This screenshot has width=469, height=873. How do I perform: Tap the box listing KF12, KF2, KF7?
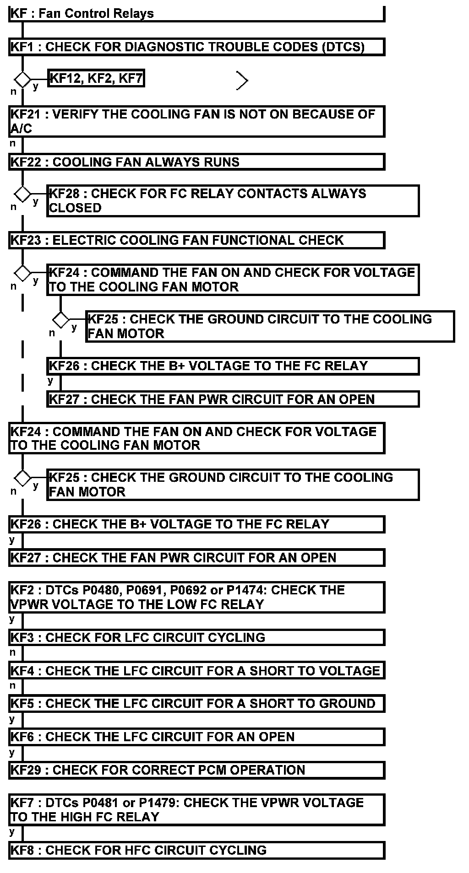(x=96, y=79)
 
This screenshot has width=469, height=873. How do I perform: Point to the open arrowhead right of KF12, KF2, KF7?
(x=242, y=81)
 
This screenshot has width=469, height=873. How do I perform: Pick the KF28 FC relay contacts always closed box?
(x=233, y=200)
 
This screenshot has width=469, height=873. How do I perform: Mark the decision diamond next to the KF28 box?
(x=22, y=194)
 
